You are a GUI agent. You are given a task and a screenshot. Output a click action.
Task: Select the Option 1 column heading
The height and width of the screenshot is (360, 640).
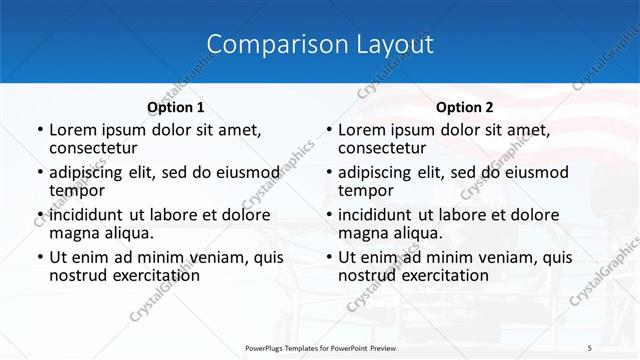tap(175, 107)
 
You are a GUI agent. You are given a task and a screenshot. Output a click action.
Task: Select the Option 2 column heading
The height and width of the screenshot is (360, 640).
tap(465, 107)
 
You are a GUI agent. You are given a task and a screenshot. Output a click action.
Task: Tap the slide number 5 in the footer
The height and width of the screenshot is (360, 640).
tap(590, 347)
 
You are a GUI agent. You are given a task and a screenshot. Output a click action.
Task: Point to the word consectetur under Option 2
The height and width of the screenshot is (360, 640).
tap(382, 148)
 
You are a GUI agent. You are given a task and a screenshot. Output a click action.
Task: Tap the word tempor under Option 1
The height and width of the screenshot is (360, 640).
tap(77, 190)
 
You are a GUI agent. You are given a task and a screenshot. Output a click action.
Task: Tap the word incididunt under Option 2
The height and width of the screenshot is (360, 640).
tap(380, 214)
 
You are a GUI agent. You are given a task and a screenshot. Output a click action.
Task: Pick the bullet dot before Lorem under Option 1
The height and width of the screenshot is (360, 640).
tap(39, 130)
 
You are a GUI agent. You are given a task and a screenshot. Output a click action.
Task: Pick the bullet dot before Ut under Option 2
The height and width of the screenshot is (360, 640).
tap(328, 257)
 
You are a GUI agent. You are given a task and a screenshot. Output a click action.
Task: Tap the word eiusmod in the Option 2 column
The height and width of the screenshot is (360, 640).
tap(534, 172)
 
